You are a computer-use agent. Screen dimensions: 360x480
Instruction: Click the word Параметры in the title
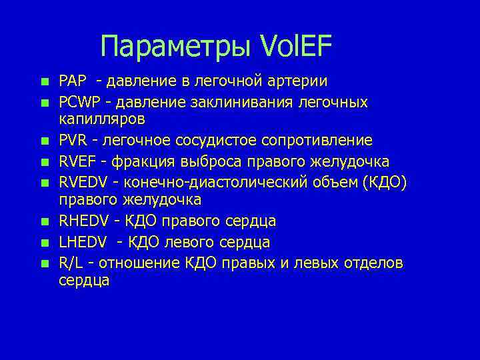point(174,47)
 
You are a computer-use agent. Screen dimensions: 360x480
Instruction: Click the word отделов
point(373,263)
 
